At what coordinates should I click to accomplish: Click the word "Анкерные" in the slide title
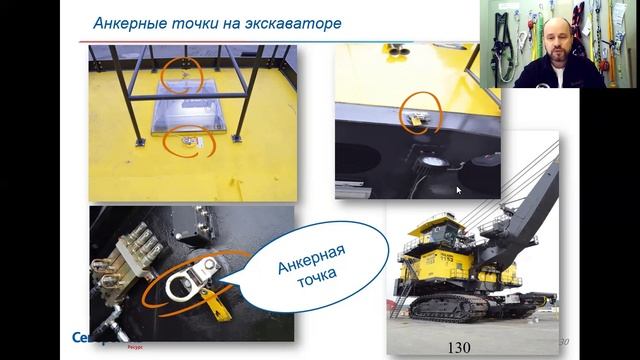click(x=127, y=22)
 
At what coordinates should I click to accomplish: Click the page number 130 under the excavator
click(x=459, y=347)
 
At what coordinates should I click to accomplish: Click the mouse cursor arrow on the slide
click(x=459, y=189)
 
